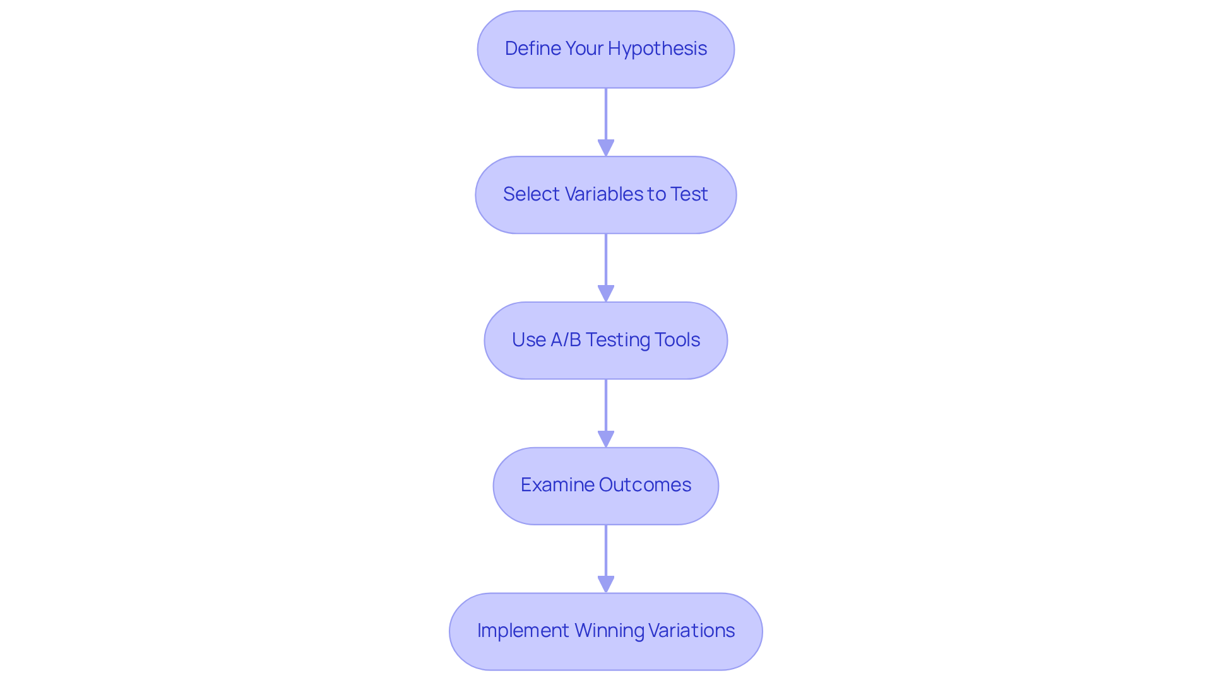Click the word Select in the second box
(531, 194)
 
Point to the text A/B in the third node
(566, 340)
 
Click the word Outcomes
(645, 485)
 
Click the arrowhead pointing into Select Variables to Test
(606, 148)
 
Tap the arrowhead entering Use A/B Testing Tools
(606, 293)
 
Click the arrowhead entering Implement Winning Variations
(606, 584)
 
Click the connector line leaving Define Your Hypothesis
(606, 114)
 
